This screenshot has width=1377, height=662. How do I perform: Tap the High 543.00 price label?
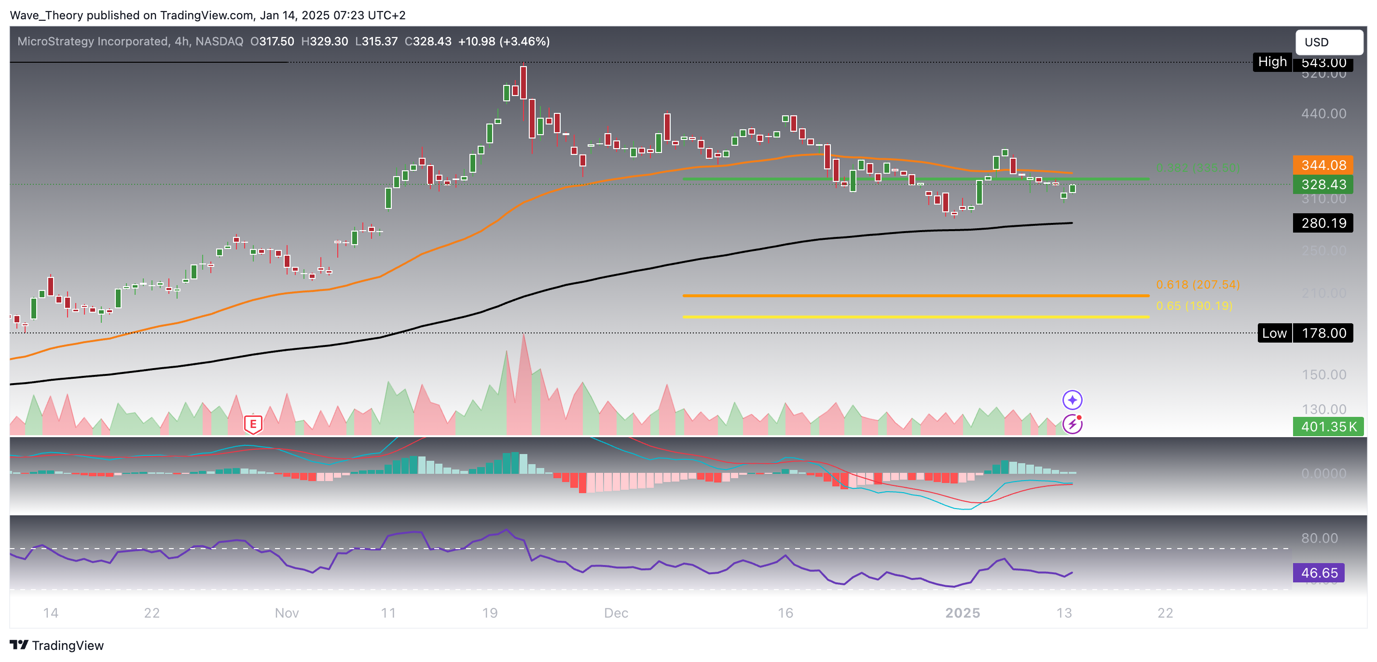tap(1303, 62)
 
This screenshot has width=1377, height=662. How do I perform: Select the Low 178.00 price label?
tap(1305, 333)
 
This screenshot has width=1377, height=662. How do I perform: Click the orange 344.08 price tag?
tap(1323, 165)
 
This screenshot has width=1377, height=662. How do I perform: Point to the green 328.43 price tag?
tap(1323, 184)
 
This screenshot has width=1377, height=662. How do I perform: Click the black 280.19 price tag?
tap(1323, 223)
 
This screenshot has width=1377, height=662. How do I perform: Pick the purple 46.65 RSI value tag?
tap(1319, 573)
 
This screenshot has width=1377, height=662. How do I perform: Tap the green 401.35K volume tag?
tap(1328, 427)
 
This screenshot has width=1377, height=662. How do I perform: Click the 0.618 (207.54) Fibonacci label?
tap(1198, 285)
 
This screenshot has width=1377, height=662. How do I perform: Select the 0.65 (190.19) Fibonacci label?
tap(1194, 306)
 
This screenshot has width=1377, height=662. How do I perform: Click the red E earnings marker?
tap(253, 425)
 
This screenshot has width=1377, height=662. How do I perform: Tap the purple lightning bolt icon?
tap(1072, 424)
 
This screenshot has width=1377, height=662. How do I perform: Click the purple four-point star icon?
tap(1072, 400)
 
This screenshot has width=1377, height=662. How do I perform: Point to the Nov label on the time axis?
tap(287, 613)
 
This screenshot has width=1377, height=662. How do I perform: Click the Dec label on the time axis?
tap(616, 613)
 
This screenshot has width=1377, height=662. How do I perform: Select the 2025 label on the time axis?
tap(962, 613)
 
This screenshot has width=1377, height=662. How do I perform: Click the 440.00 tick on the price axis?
tap(1323, 113)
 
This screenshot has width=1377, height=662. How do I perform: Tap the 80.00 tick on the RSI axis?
tap(1319, 538)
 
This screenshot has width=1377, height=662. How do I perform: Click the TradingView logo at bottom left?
tap(56, 646)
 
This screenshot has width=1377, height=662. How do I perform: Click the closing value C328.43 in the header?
tap(427, 41)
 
